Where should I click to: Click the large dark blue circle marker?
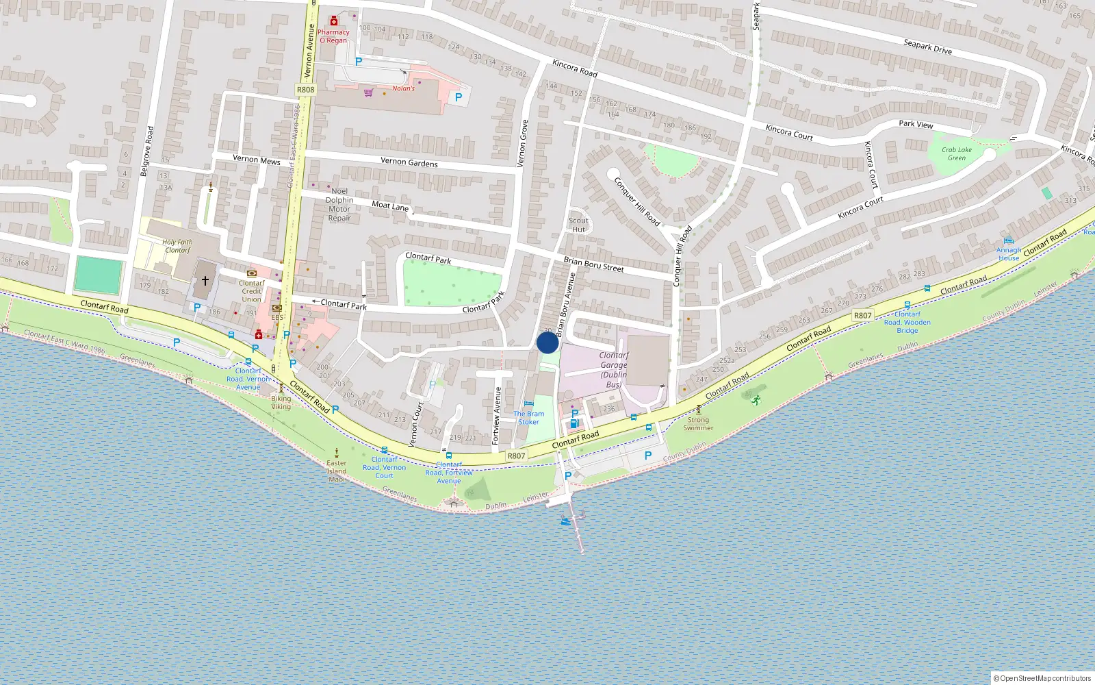(x=547, y=342)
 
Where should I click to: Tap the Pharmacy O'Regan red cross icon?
(x=334, y=21)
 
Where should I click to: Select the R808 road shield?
(x=306, y=90)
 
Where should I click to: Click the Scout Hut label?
(x=578, y=225)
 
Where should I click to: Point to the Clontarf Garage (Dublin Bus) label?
(x=614, y=370)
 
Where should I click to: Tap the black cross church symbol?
(x=205, y=280)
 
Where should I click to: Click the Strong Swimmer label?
(x=698, y=424)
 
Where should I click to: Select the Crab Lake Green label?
(x=956, y=153)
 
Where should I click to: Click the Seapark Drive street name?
(x=927, y=47)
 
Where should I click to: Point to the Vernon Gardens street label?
(x=409, y=162)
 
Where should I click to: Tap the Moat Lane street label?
(x=390, y=206)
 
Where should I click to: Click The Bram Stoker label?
(x=529, y=418)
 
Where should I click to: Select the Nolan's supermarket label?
(x=403, y=88)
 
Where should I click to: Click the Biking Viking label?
(x=281, y=402)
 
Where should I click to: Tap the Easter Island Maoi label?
(x=337, y=471)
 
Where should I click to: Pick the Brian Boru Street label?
(x=593, y=264)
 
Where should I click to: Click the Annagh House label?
(x=1009, y=254)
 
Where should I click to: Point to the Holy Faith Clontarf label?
(x=177, y=246)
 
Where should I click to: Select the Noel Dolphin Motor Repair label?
(x=339, y=205)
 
